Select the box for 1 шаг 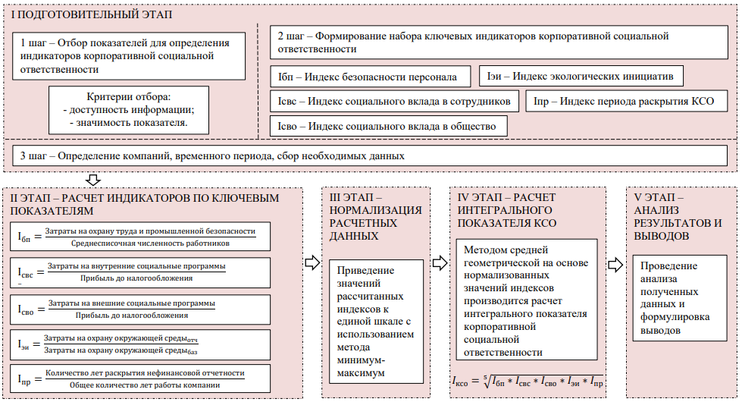pos(128,55)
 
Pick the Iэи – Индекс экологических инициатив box pos(581,77)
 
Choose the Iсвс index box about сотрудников pos(395,101)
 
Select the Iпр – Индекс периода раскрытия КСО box pos(629,101)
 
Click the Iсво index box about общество pos(388,125)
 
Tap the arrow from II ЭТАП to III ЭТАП pos(311,262)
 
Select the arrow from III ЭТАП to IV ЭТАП pos(439,262)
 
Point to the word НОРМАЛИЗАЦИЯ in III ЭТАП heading pos(376,210)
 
